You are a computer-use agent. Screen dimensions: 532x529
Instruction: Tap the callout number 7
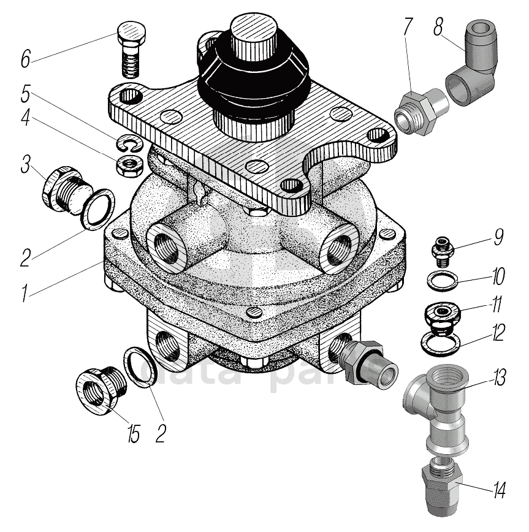408,28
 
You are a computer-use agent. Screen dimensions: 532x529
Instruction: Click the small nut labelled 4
128,164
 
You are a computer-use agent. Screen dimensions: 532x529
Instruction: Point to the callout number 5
25,96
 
